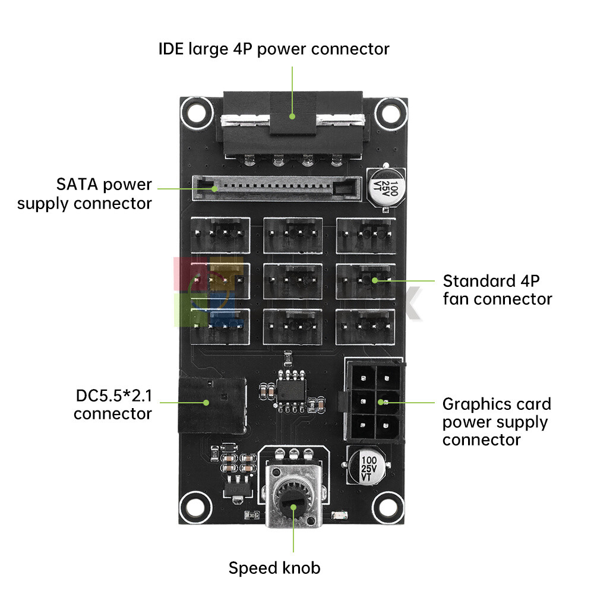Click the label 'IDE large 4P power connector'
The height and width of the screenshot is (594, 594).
point(274,48)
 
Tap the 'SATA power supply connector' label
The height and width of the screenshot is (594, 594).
point(84,194)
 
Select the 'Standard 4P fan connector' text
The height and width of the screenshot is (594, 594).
point(497,289)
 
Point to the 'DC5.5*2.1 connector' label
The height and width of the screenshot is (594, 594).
point(113,404)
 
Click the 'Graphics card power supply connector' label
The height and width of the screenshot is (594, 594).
point(497,422)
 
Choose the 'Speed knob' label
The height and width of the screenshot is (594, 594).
point(274,568)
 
